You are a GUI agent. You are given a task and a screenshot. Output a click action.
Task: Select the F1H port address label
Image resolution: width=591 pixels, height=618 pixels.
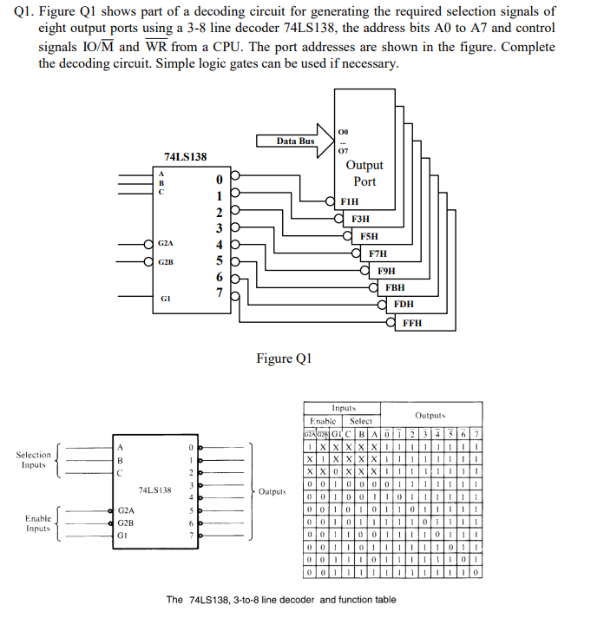(350, 201)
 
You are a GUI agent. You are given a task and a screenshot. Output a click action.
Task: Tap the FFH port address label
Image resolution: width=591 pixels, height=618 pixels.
(412, 323)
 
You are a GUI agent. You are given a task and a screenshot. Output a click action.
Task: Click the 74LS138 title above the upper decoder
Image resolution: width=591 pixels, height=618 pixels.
(186, 156)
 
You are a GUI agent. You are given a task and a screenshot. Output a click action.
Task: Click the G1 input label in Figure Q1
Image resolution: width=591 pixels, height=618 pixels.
(165, 297)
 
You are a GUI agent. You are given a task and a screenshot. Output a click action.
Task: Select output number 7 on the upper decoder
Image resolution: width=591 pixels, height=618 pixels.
(220, 293)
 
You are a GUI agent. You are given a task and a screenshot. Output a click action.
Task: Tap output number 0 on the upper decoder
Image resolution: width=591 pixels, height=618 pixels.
(220, 179)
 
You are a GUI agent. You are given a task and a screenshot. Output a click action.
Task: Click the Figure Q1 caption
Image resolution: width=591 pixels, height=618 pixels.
(284, 358)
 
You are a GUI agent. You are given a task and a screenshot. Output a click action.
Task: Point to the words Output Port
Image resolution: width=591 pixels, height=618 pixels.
(364, 173)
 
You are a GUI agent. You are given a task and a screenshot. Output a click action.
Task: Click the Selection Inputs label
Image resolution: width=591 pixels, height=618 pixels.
(34, 460)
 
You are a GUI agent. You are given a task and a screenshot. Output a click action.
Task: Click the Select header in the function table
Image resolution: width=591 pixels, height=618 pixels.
(360, 421)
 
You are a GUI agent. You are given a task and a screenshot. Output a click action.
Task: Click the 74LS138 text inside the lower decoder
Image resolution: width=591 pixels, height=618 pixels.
(154, 490)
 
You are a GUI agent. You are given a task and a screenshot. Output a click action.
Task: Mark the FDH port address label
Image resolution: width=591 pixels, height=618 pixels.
(404, 305)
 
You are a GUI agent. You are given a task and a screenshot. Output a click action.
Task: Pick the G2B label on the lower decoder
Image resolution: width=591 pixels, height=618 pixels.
(127, 523)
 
